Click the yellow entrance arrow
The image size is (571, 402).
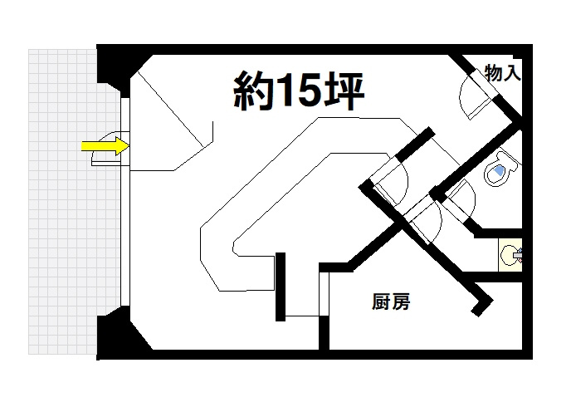click(x=105, y=146)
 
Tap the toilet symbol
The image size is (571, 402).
click(x=500, y=169)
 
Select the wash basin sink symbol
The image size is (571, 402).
click(x=510, y=254)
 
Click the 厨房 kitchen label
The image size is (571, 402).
click(x=391, y=301)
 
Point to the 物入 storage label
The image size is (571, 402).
click(x=503, y=72)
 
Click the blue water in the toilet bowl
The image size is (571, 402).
click(x=499, y=170)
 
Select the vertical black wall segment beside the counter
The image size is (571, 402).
click(x=281, y=287)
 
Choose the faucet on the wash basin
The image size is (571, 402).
click(x=518, y=255)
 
